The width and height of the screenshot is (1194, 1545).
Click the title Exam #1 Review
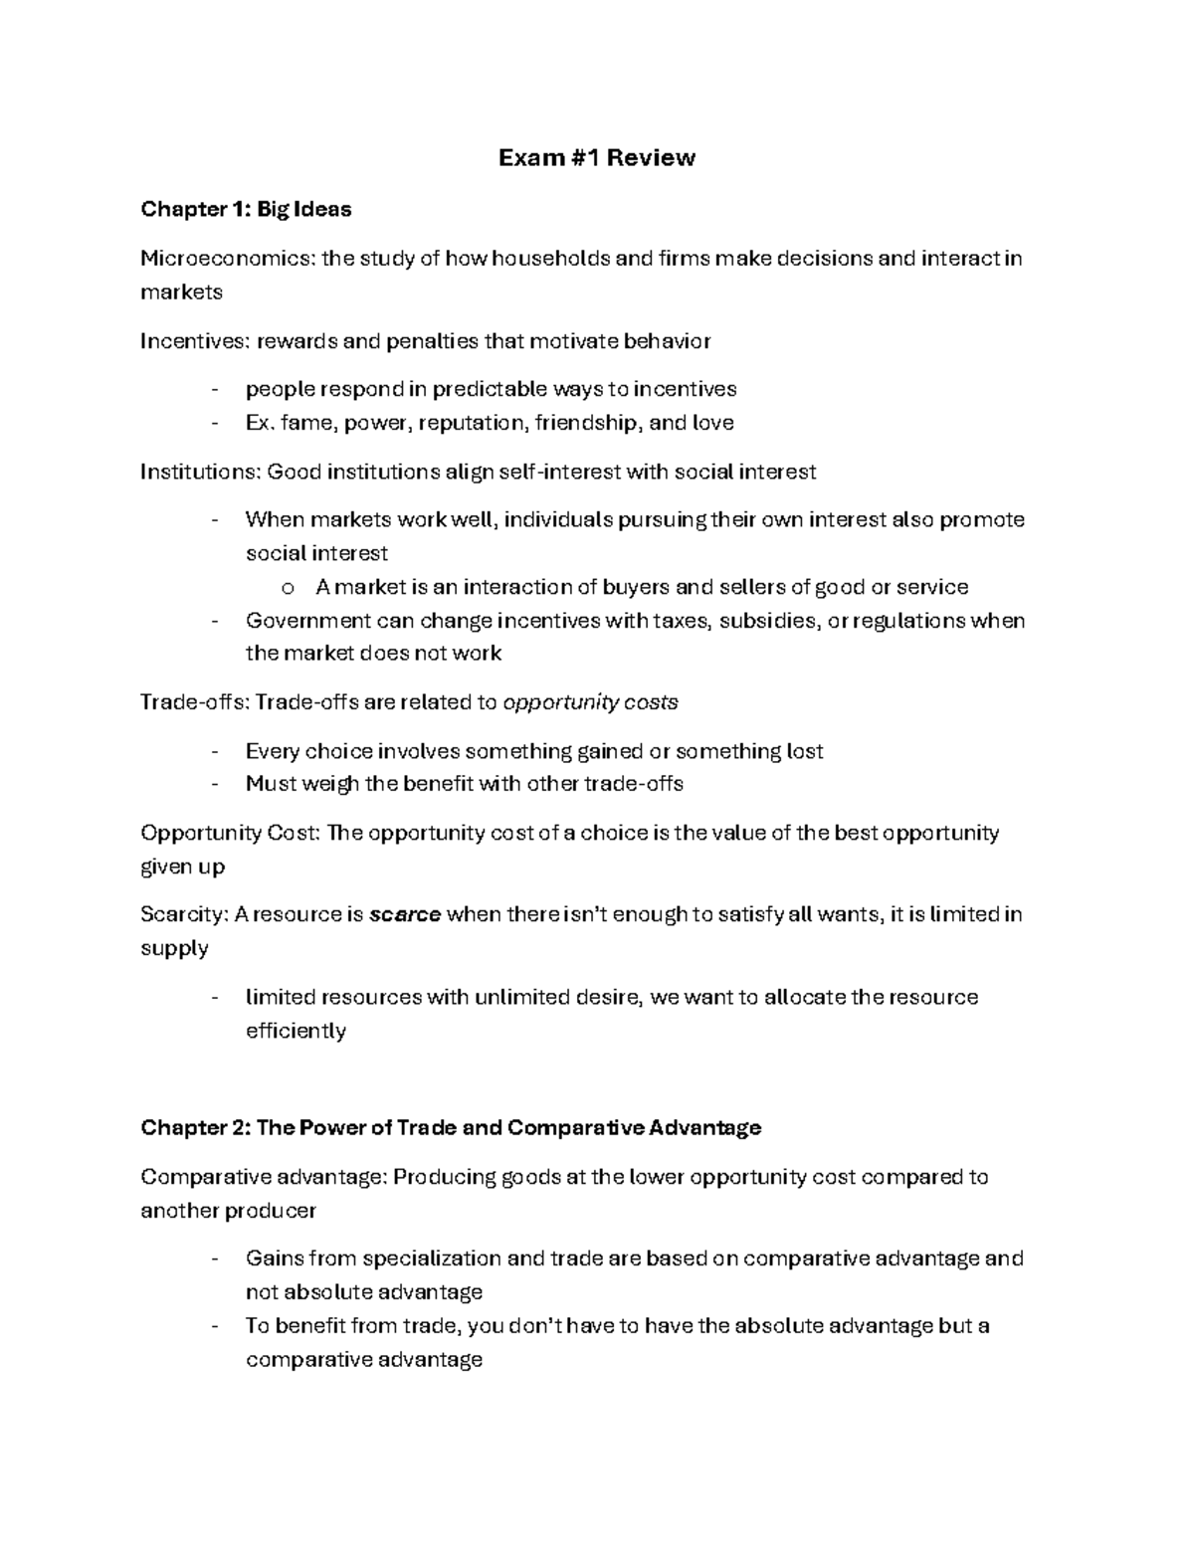click(x=596, y=158)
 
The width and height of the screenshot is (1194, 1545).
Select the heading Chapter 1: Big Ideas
click(x=246, y=209)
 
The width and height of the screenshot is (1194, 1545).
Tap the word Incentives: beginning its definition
click(x=196, y=341)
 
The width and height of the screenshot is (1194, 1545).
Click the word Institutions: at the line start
click(x=202, y=472)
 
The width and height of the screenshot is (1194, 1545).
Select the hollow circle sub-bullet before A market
click(x=289, y=588)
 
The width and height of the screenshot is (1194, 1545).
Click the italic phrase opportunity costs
click(x=591, y=702)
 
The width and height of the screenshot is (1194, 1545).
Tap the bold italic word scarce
click(x=404, y=914)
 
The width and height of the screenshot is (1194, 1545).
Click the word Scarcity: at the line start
click(x=184, y=914)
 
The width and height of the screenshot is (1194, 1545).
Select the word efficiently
click(x=296, y=1031)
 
